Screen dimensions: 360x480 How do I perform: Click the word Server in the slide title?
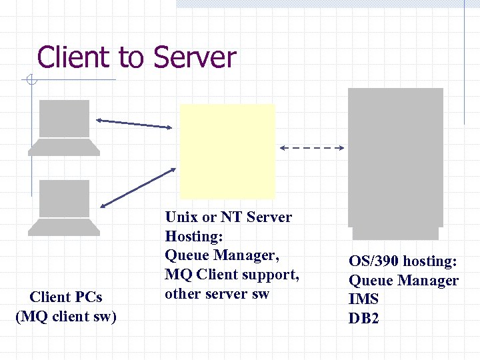194,57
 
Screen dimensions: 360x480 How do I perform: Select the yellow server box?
227,151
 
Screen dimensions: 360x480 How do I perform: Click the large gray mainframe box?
396,160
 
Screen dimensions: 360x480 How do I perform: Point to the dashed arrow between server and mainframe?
311,147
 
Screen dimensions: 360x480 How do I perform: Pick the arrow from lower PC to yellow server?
137,187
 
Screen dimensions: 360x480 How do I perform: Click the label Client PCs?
66,297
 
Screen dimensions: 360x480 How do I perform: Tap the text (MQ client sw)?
66,316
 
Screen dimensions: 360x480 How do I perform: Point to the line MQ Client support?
231,274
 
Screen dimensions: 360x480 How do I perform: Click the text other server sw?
217,293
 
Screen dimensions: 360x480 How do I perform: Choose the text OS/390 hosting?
403,261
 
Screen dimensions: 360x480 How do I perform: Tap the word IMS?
363,299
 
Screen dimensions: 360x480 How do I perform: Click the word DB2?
363,319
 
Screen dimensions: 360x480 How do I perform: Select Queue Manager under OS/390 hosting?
403,281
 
